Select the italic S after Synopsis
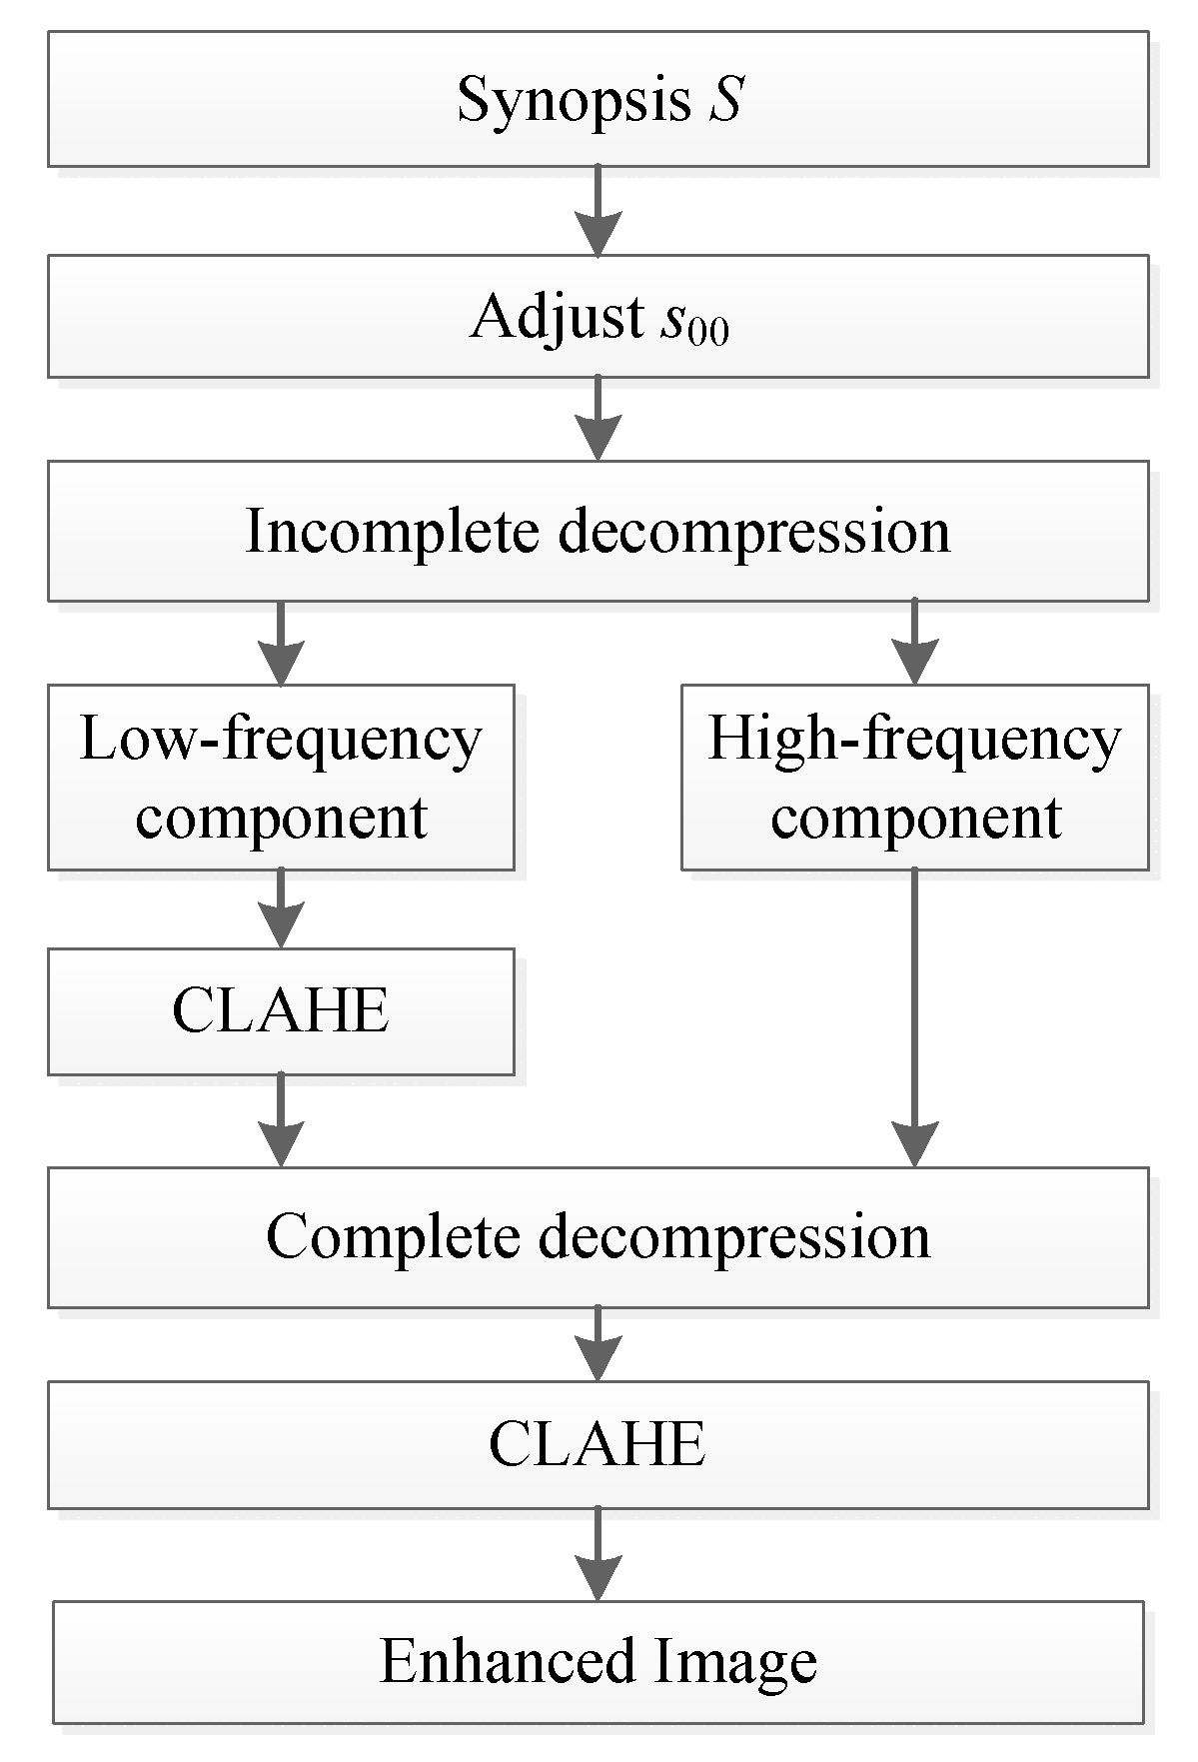click(x=726, y=100)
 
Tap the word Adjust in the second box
click(x=558, y=317)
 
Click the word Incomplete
click(x=393, y=530)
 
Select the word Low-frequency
click(x=281, y=740)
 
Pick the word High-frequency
click(x=914, y=740)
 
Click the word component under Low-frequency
click(x=281, y=817)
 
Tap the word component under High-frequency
click(x=915, y=817)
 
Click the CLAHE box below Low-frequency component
click(x=281, y=1010)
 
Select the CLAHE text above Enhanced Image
click(x=598, y=1444)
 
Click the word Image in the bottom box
click(x=736, y=1661)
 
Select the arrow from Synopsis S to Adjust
click(x=598, y=211)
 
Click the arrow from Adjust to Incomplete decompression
click(x=598, y=419)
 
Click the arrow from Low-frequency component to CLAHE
click(x=281, y=908)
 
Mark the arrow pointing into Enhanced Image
click(x=598, y=1555)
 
